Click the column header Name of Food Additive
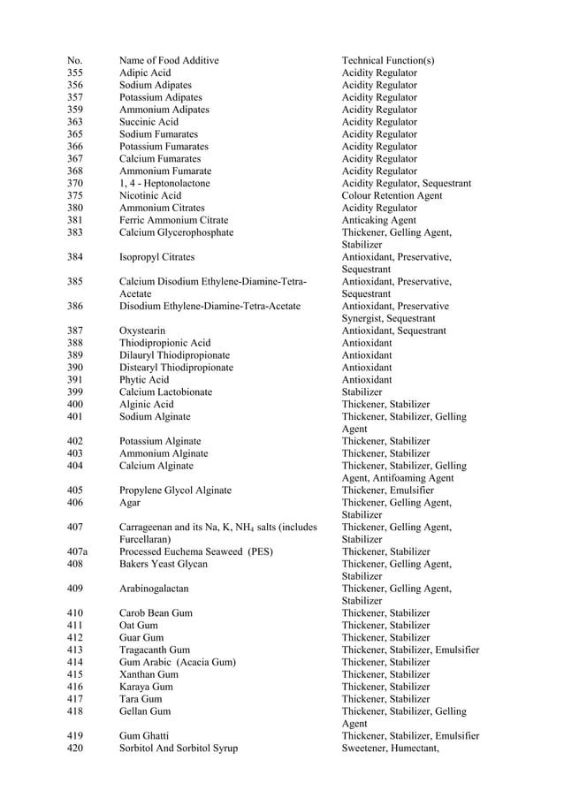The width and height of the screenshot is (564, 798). (169, 60)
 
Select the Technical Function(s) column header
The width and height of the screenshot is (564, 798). (388, 60)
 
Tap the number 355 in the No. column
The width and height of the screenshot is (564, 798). (75, 72)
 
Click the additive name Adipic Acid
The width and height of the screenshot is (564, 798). (145, 72)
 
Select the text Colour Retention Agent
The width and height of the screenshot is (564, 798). (392, 195)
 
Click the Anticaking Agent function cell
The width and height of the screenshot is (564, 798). (378, 220)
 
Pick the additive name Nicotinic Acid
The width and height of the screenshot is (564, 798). (150, 195)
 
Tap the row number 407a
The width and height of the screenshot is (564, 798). (78, 551)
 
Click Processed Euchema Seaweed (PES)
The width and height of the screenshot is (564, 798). (196, 551)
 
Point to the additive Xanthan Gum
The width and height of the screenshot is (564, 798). (149, 673)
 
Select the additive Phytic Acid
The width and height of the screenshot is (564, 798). (144, 380)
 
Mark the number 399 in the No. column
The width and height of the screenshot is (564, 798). (75, 391)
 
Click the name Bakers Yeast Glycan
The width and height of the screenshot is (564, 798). (164, 564)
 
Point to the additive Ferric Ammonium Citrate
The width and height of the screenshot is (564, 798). (173, 220)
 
